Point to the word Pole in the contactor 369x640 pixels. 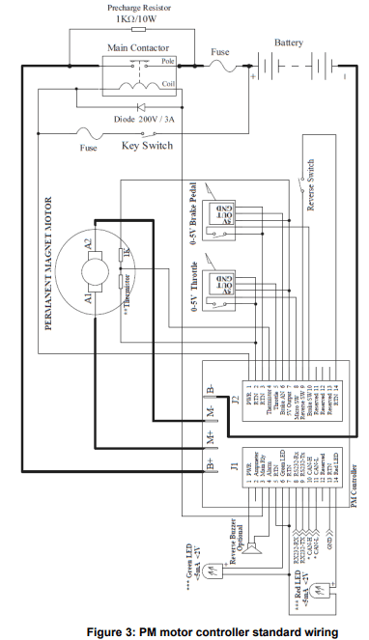click(x=168, y=60)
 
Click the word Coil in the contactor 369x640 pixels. click(x=168, y=84)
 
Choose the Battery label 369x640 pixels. click(x=288, y=42)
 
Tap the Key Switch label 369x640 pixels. click(x=147, y=146)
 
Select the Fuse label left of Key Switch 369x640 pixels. click(x=90, y=148)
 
